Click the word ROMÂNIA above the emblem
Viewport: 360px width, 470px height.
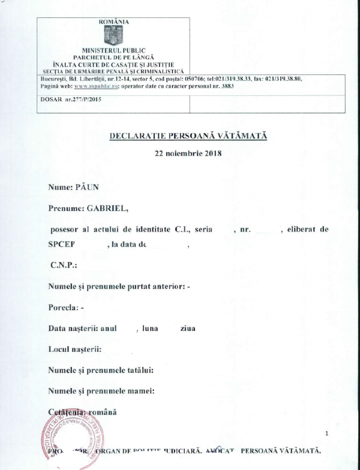[x=113, y=22]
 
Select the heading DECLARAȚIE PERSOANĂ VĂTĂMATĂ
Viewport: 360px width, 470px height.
[x=188, y=135]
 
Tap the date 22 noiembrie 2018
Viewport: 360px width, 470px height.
[x=188, y=153]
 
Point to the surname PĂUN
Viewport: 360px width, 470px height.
[x=86, y=187]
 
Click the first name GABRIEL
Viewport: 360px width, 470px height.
[x=108, y=208]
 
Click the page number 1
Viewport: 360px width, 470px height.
[x=326, y=433]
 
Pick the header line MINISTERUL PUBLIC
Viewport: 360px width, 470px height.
[x=113, y=50]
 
